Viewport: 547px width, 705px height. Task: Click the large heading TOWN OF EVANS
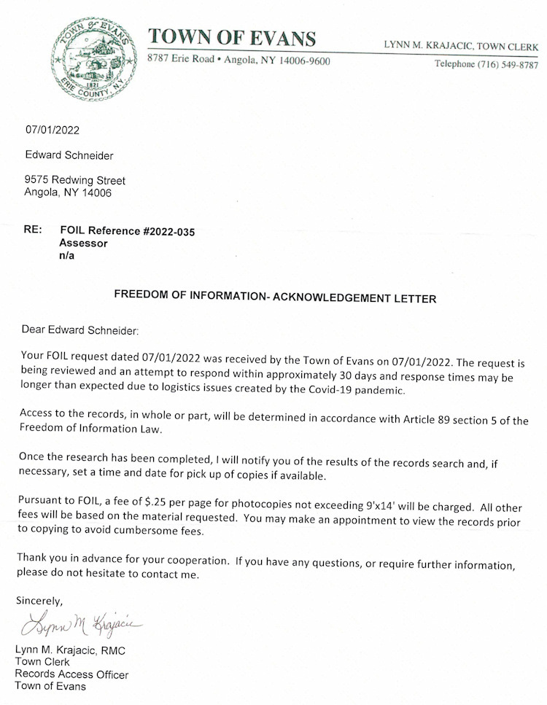(232, 38)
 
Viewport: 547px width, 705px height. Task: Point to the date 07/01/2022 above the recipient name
(53, 131)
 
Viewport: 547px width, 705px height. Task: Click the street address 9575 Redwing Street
(74, 180)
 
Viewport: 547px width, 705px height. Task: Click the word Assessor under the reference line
(83, 244)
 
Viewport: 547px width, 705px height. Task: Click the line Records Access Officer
(71, 674)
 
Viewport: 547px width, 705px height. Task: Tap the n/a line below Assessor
(66, 256)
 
